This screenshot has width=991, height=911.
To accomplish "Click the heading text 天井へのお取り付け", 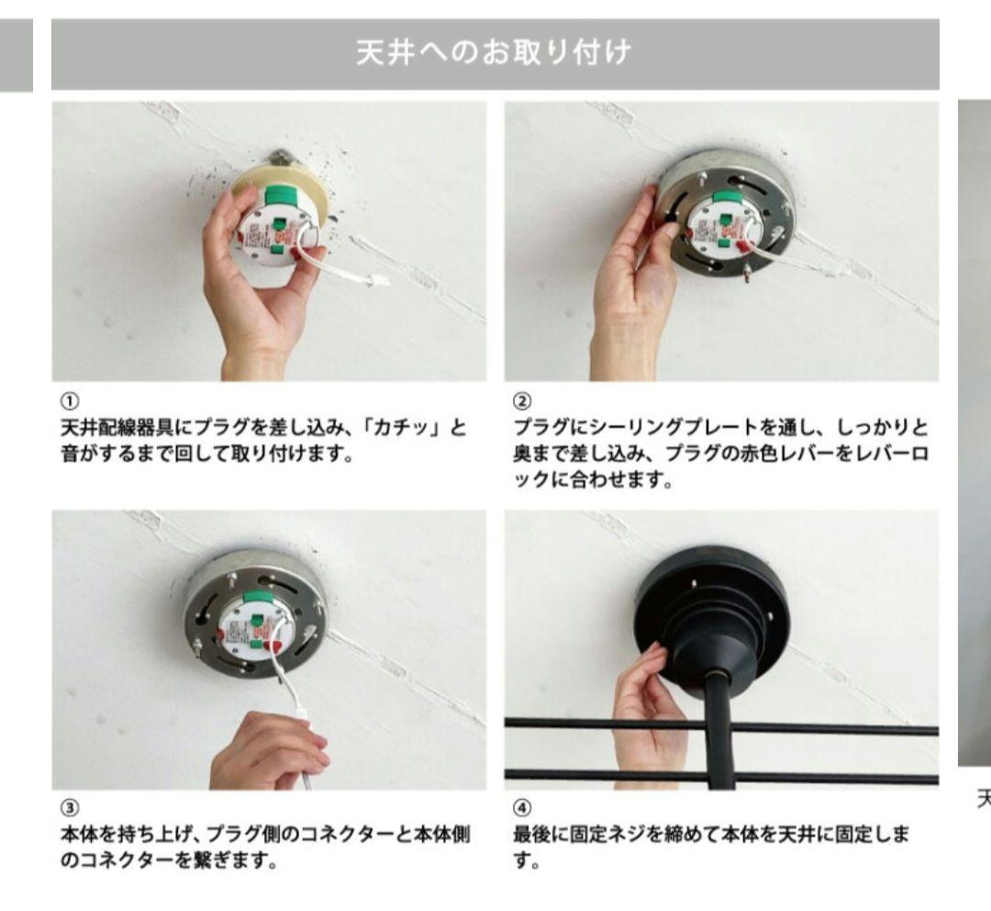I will click(x=495, y=54).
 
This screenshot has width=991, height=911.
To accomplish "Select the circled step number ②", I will click(x=519, y=401).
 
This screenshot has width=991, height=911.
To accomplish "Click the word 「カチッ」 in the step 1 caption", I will click(x=409, y=429).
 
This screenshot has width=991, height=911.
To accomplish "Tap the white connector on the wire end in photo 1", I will click(x=376, y=281).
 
